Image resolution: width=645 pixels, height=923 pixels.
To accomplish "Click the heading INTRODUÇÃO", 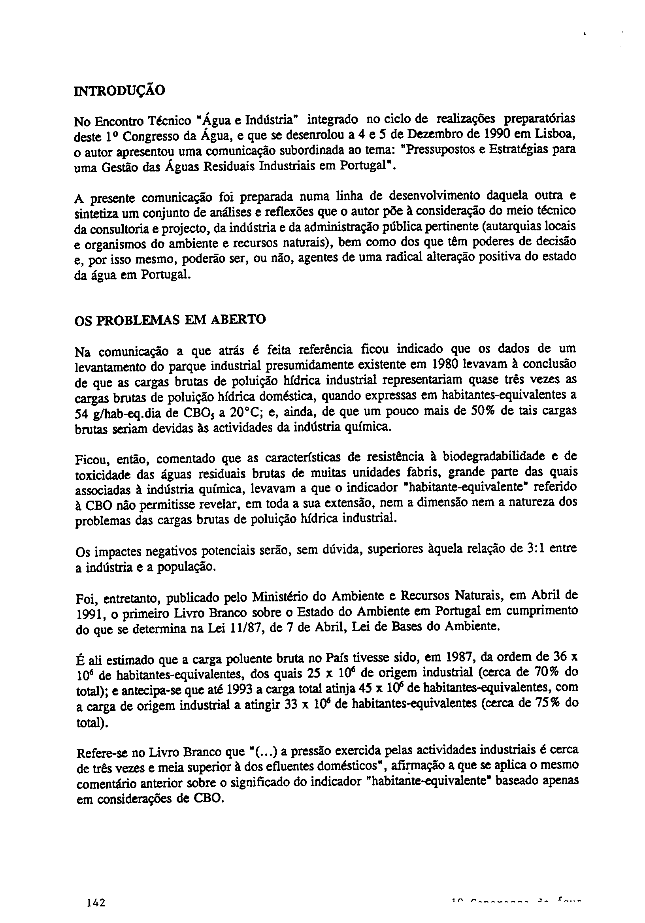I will coord(120,91).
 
